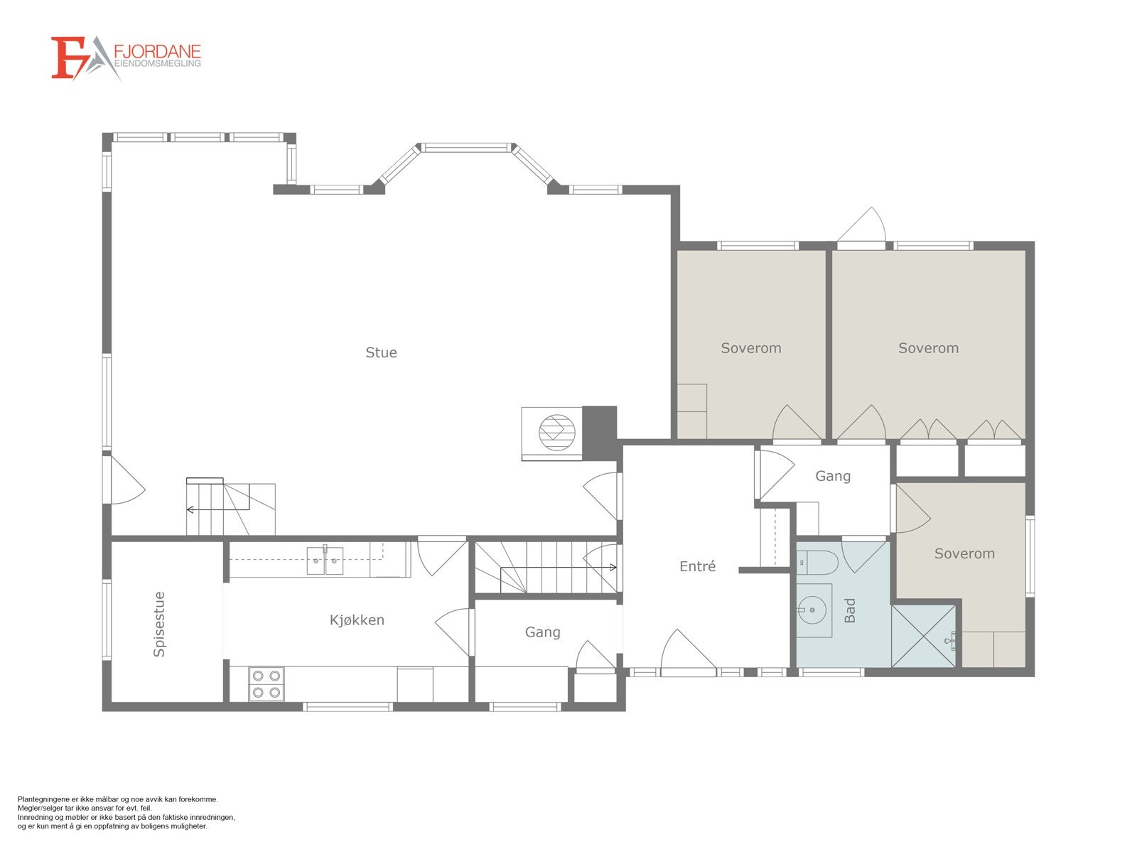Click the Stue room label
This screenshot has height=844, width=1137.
tap(381, 352)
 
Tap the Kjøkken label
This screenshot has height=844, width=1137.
tap(357, 620)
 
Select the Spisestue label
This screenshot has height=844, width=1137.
tap(159, 624)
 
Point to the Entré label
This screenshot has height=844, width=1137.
tap(697, 566)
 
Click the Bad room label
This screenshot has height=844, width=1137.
tap(850, 610)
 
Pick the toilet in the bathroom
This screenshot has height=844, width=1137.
tap(818, 563)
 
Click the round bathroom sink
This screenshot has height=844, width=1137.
tap(813, 610)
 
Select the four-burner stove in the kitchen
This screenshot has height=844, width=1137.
tap(266, 684)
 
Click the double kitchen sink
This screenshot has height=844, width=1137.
tap(325, 561)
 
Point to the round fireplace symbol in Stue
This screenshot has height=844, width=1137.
tap(556, 433)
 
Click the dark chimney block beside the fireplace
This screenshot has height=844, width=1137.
tap(599, 433)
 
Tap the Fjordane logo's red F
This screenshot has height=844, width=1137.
tap(69, 58)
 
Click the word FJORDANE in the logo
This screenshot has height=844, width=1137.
tap(157, 51)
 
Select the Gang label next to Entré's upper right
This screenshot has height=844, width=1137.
tap(833, 477)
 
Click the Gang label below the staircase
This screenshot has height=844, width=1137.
tap(542, 632)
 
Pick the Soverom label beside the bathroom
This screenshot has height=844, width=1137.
tap(964, 553)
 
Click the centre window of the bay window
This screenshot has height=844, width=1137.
tap(466, 148)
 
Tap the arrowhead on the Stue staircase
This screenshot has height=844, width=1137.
tap(189, 510)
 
